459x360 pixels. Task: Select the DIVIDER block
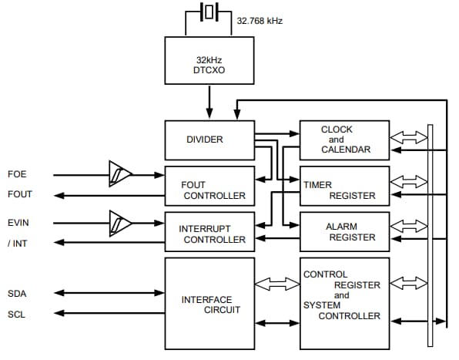(x=209, y=140)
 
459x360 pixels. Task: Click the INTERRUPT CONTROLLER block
(x=209, y=233)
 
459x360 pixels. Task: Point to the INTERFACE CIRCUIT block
(x=209, y=304)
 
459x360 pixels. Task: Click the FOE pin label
(x=17, y=174)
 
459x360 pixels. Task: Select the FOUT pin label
(x=19, y=195)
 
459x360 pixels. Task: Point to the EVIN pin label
(x=18, y=223)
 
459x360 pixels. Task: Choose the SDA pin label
(x=17, y=293)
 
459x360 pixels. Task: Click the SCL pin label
(x=17, y=314)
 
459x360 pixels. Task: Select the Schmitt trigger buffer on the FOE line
(x=119, y=173)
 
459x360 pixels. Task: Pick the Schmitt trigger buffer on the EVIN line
(x=119, y=223)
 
